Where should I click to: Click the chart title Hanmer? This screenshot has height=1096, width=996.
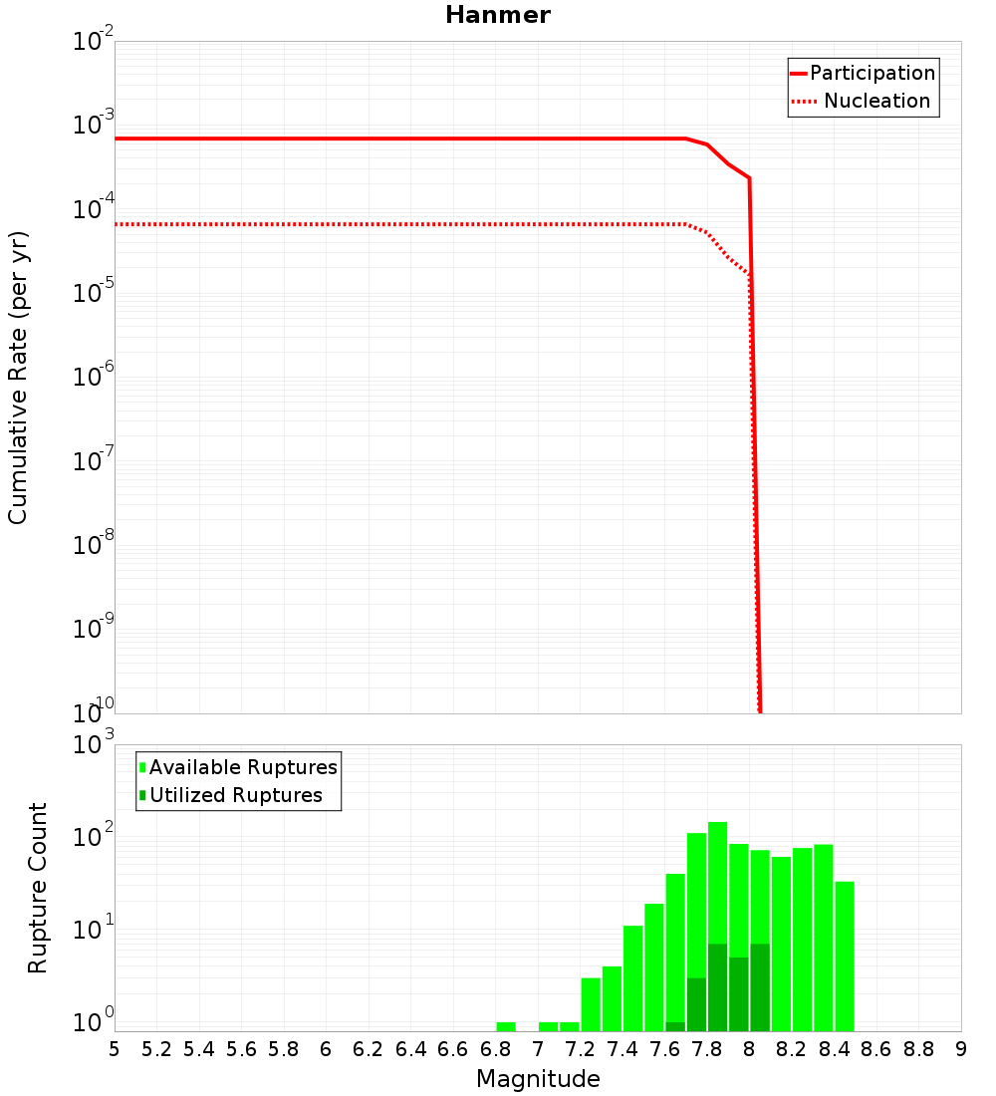[x=497, y=15]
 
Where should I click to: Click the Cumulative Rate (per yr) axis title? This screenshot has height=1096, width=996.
[x=18, y=378]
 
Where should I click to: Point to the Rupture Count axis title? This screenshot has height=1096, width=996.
[x=38, y=888]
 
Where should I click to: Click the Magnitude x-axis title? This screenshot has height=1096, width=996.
[x=538, y=1079]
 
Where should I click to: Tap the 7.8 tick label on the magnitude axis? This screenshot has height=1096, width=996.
[x=708, y=1049]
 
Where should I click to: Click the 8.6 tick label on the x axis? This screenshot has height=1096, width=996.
[x=877, y=1049]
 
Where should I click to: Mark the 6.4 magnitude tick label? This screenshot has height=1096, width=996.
[x=411, y=1049]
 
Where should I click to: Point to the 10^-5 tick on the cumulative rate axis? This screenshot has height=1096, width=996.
[x=95, y=294]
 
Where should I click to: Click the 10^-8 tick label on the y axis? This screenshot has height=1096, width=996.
[x=95, y=546]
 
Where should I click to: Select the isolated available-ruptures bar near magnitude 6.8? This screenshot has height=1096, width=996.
[x=506, y=1026]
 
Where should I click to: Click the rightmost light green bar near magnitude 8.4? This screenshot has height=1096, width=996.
[x=845, y=957]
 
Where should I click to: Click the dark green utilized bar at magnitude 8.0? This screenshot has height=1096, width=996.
[x=760, y=986]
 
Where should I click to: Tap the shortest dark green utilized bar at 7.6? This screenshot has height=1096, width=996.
[x=675, y=1026]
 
